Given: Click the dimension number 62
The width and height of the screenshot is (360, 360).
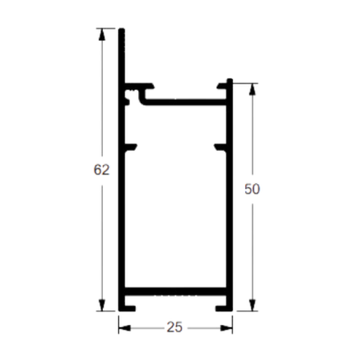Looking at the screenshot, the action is tap(101, 170).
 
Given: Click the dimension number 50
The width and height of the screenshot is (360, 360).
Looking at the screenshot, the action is tap(252, 189).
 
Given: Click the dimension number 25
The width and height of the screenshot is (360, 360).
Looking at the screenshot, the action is tap(175, 327).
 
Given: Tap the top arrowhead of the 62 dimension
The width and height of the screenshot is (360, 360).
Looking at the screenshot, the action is tap(102, 34).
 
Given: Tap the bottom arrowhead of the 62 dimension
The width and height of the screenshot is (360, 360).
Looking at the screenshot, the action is tap(102, 305).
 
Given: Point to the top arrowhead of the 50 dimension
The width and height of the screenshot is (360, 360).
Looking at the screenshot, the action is tap(252, 89).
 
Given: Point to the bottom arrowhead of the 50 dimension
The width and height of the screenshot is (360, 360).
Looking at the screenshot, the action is tap(252, 305).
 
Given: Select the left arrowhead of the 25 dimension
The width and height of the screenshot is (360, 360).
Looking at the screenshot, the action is tap(125, 328).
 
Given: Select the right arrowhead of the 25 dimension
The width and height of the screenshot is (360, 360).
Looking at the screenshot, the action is tap(226, 328).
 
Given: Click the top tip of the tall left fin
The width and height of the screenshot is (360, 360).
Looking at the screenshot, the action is tap(121, 28).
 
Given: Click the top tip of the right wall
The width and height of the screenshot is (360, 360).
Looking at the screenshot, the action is tap(229, 80).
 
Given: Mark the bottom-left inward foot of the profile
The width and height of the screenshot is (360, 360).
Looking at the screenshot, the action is tap(130, 308).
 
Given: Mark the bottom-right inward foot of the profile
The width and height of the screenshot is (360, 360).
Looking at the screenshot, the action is tap(221, 308).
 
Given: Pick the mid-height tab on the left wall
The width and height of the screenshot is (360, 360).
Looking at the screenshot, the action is tap(131, 147).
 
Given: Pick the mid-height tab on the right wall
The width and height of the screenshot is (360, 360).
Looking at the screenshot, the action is tap(220, 147).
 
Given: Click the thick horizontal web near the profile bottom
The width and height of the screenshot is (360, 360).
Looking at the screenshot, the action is tap(175, 291).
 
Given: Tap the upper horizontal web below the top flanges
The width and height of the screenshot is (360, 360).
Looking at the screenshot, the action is tap(185, 102).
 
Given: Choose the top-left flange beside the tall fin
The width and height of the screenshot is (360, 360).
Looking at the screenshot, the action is tap(139, 86).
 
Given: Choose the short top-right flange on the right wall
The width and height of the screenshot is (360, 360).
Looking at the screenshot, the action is tap(222, 86).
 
